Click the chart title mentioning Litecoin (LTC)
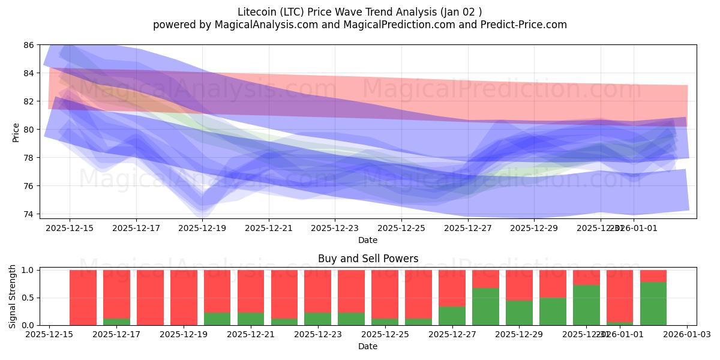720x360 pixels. tap(359, 11)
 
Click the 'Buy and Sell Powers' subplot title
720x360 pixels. tap(368, 259)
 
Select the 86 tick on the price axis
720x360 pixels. tap(29, 45)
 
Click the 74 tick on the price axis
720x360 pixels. tap(29, 214)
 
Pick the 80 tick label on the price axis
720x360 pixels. tap(29, 130)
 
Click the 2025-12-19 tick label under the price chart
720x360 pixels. tap(202, 228)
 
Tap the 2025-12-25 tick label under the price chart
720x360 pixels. tap(401, 228)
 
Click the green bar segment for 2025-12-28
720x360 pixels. tap(485, 307)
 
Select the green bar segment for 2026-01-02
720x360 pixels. tap(653, 304)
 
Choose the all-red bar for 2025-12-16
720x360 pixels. tap(83, 298)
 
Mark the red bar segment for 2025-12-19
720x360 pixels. tap(184, 298)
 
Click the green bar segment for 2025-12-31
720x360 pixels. tap(586, 305)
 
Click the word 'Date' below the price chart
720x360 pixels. tap(368, 240)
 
